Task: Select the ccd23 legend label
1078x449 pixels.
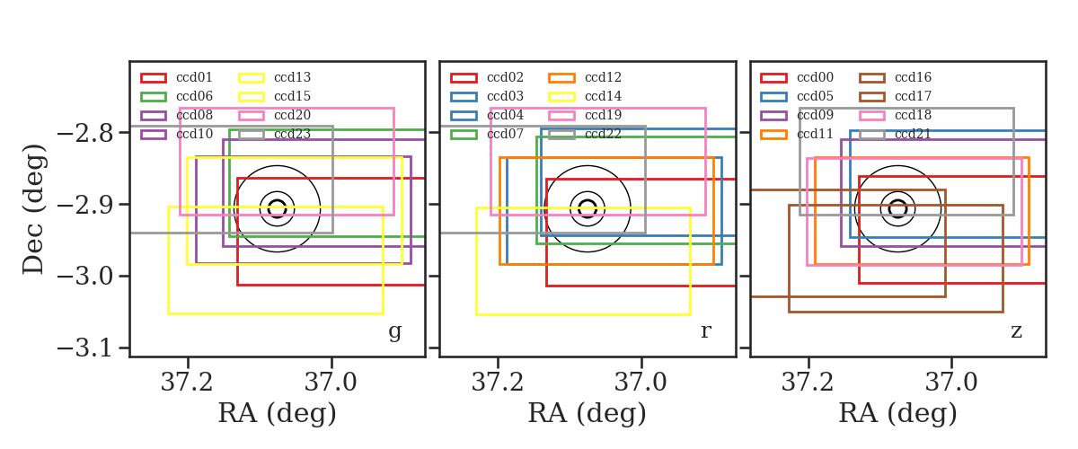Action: (292, 134)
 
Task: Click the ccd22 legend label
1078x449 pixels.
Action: (603, 134)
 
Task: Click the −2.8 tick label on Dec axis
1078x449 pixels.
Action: (85, 133)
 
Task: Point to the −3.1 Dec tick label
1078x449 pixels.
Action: (85, 348)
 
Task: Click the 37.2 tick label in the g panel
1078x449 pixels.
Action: (187, 383)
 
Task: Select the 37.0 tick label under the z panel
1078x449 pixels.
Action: (951, 383)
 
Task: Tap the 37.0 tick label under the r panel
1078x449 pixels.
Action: (641, 383)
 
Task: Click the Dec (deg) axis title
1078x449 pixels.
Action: (34, 209)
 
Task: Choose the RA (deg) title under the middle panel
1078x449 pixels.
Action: (588, 413)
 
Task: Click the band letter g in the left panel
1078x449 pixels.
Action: (394, 331)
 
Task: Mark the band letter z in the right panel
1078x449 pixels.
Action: (1016, 331)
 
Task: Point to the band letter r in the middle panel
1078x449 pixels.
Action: (705, 331)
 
